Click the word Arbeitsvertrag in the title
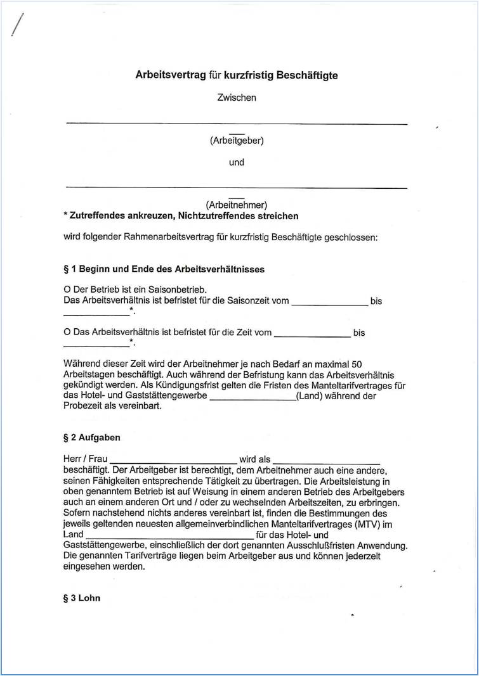click(170, 75)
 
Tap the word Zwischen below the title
click(237, 98)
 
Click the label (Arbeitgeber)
click(237, 141)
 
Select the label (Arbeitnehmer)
click(237, 205)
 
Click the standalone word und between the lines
click(237, 162)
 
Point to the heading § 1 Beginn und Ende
click(164, 269)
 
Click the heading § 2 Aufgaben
click(92, 438)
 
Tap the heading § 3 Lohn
click(82, 598)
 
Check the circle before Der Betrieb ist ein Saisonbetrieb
click(67, 290)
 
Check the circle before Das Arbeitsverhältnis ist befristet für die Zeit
click(67, 333)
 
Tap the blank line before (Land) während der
click(252, 399)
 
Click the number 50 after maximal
click(357, 364)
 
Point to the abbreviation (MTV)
click(367, 524)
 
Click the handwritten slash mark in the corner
click(17, 25)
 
